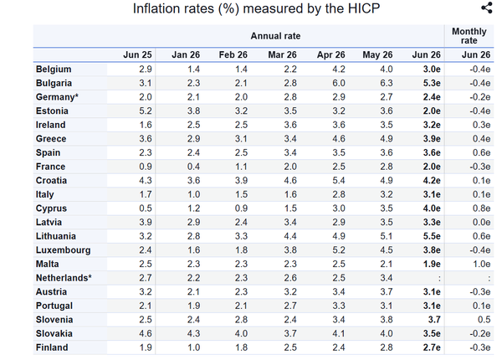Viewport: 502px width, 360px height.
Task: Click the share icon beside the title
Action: [x=487, y=8]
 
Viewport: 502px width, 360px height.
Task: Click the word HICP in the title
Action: [x=364, y=8]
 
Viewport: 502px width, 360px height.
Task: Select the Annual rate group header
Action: [x=275, y=36]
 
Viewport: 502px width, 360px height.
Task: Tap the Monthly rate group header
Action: [x=469, y=36]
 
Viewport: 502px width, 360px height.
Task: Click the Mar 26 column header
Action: [x=282, y=54]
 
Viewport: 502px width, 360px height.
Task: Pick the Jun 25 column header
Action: [x=137, y=54]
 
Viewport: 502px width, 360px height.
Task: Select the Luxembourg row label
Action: [x=63, y=250]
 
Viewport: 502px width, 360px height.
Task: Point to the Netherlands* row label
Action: [x=64, y=278]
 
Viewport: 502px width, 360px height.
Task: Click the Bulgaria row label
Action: [x=54, y=83]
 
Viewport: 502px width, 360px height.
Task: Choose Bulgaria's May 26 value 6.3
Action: [x=387, y=83]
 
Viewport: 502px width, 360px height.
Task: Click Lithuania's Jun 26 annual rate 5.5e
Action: [x=432, y=236]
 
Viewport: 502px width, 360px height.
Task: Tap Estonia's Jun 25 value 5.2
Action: [x=146, y=111]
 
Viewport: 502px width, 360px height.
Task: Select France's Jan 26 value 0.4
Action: [x=193, y=167]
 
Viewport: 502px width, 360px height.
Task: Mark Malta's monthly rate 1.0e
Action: [x=481, y=265]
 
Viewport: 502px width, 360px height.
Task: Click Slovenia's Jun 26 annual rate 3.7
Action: [x=433, y=320]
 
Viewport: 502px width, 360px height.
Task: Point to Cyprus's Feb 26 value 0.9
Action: [x=241, y=208]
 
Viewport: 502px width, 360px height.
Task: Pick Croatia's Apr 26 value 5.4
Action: [x=339, y=181]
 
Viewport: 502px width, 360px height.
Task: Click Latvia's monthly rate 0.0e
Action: [x=481, y=222]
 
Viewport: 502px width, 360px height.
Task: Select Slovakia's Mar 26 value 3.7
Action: [x=290, y=334]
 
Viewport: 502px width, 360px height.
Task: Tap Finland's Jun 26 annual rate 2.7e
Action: [x=432, y=347]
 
